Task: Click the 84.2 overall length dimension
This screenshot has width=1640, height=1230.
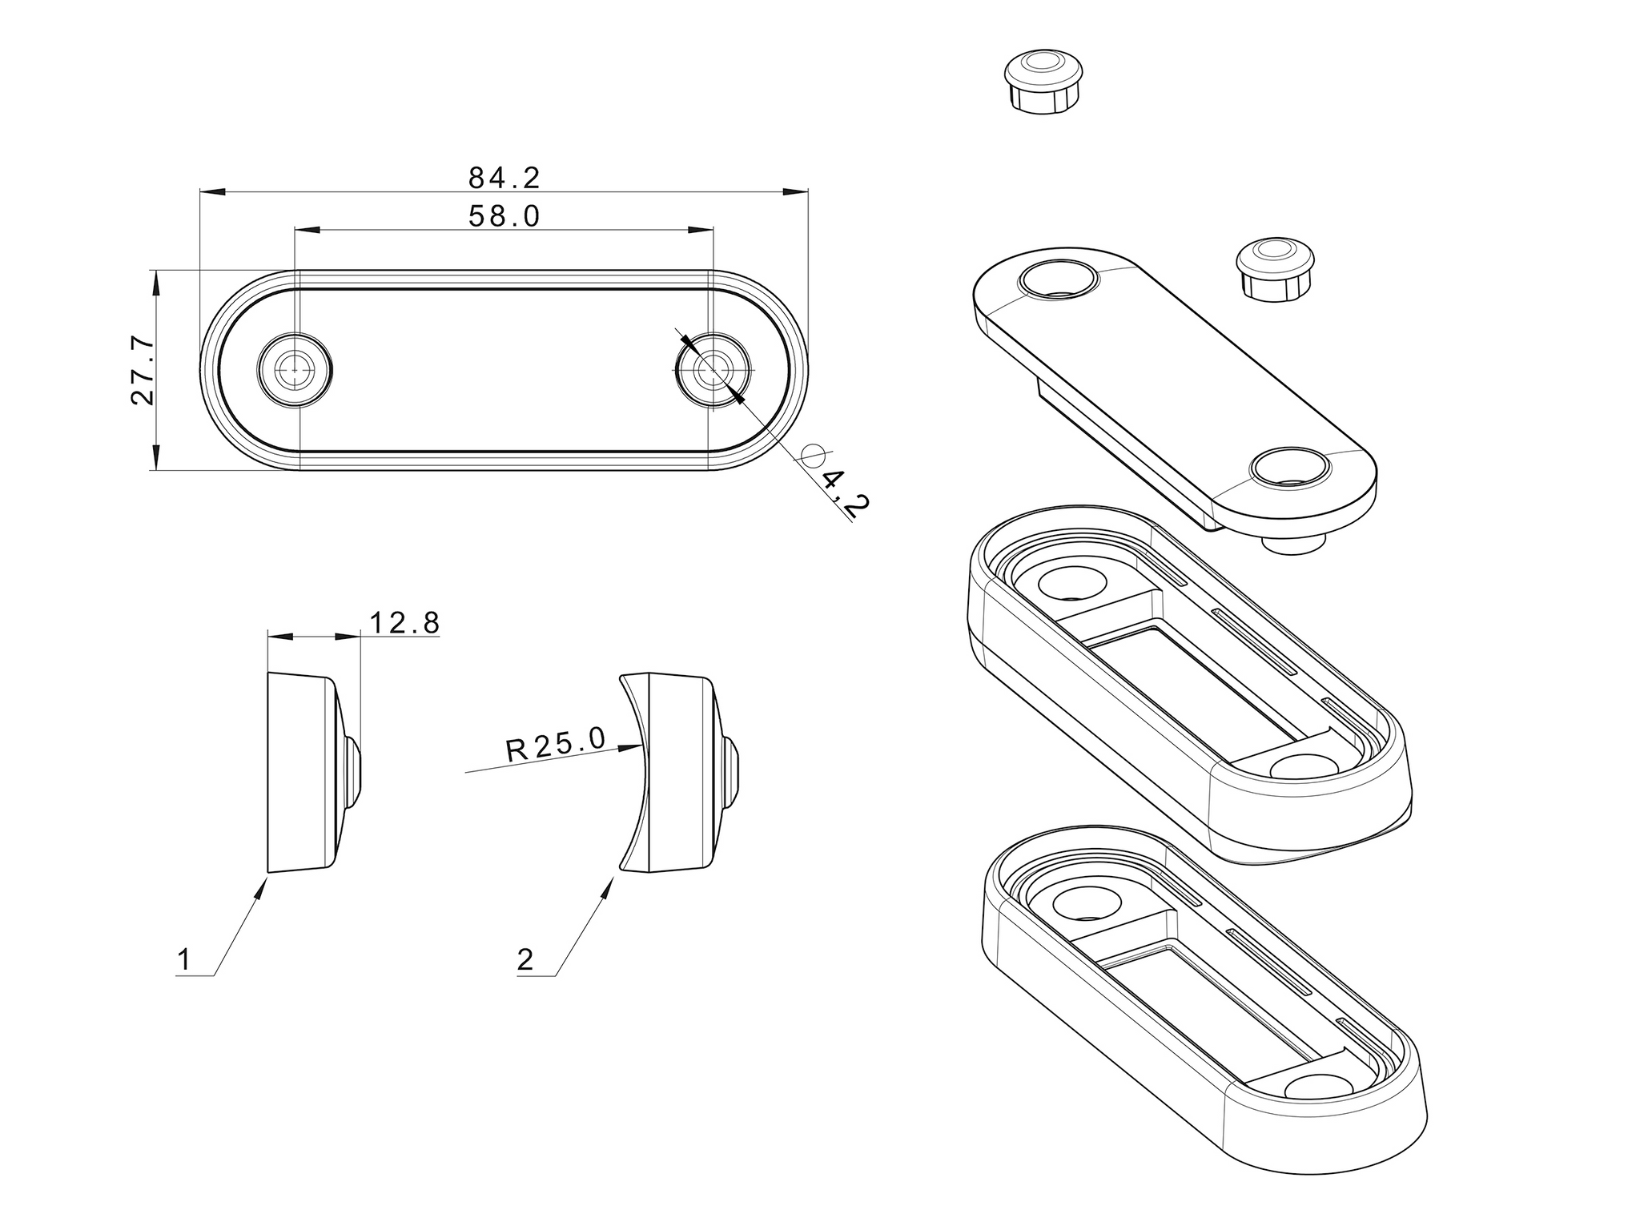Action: point(504,178)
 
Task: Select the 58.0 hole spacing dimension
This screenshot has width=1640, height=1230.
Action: point(504,216)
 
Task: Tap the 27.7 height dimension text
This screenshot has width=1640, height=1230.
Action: point(143,370)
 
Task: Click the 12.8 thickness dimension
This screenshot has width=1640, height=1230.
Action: point(404,622)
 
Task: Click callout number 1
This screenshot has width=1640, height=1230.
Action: point(184,959)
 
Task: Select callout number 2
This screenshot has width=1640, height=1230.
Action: point(525,959)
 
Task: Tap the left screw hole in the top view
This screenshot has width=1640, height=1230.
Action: point(295,370)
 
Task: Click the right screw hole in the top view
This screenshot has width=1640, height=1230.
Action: point(713,370)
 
